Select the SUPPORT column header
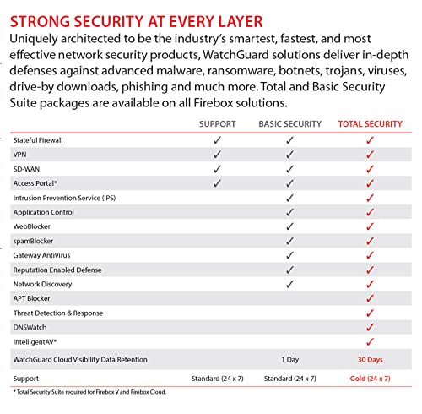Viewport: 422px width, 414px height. (x=217, y=123)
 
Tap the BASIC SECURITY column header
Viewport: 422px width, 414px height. (x=289, y=123)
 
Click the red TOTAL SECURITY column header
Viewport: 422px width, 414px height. (x=369, y=123)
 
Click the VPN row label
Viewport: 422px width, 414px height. (x=20, y=155)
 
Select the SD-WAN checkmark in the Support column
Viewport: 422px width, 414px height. (x=217, y=169)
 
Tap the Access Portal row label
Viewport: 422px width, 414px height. (x=35, y=182)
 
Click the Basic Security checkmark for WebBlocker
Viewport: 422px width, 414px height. (x=289, y=226)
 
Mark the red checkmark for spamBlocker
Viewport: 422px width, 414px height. (x=369, y=241)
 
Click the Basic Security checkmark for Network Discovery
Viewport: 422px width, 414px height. (x=289, y=284)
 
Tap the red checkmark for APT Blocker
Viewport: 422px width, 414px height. (x=369, y=298)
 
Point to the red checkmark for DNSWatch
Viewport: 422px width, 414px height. (x=369, y=327)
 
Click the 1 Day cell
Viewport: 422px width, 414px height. (x=289, y=360)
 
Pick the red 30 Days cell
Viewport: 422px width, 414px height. (x=369, y=360)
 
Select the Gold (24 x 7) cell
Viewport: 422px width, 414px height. (x=369, y=378)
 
